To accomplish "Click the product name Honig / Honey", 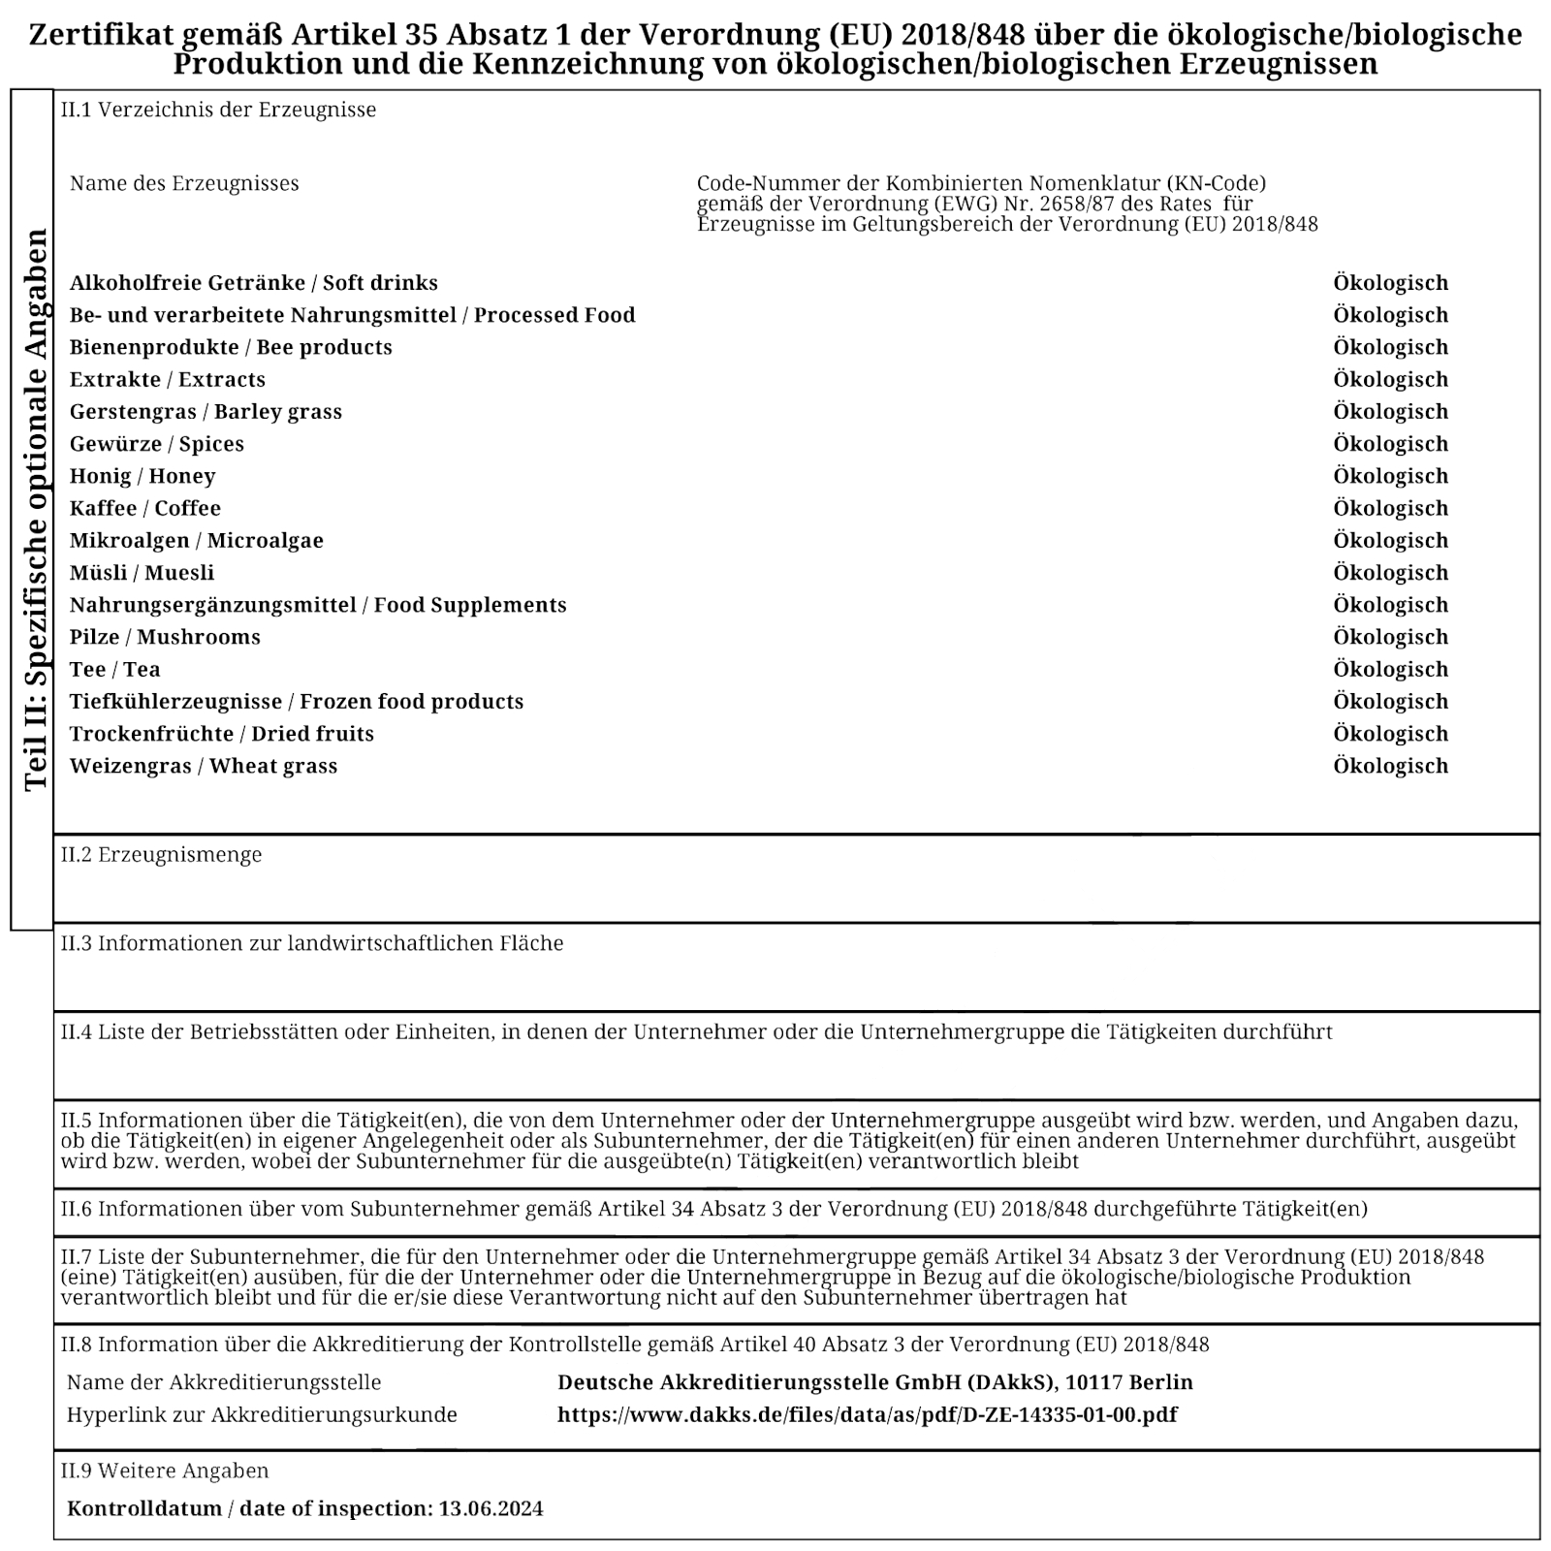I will coord(142,476).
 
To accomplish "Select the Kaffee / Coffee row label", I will coord(145,508).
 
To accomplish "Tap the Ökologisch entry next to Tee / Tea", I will coord(1390,669).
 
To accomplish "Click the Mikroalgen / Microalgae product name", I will coord(197,540).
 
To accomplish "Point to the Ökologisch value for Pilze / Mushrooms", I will coord(1390,637).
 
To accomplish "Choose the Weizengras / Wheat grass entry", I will coord(204,766).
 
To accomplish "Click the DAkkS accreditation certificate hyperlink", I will coord(867,1414).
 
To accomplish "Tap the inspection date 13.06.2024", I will coord(491,1508).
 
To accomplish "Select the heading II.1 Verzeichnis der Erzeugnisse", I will coord(218,110).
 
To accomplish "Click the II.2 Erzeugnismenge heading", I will coord(161,855).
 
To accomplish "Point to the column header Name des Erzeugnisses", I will coord(184,183).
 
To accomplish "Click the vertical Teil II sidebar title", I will coord(36,510).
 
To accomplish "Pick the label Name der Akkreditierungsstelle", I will coord(224,1382).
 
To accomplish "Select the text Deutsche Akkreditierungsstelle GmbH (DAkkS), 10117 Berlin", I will coord(874,1382).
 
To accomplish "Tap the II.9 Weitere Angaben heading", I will coord(165,1471).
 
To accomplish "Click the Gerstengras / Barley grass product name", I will coord(206,411).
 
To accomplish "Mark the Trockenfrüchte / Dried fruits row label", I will coord(222,734).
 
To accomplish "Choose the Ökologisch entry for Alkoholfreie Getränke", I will coord(1390,283).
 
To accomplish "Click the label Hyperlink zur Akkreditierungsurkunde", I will coord(262,1414).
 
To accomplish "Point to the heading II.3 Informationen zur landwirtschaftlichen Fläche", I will coord(312,943).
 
